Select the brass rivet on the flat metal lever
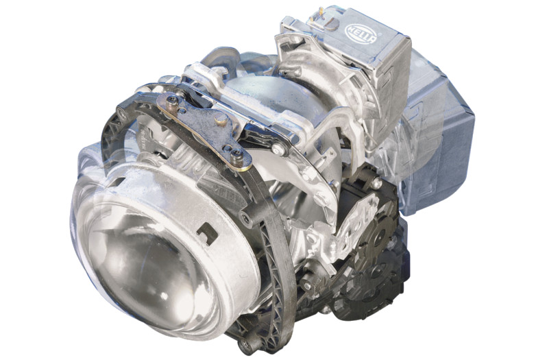click(x=221, y=121)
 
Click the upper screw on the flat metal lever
click(x=172, y=102)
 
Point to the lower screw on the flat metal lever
click(x=236, y=153)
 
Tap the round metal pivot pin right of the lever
click(x=280, y=149)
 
